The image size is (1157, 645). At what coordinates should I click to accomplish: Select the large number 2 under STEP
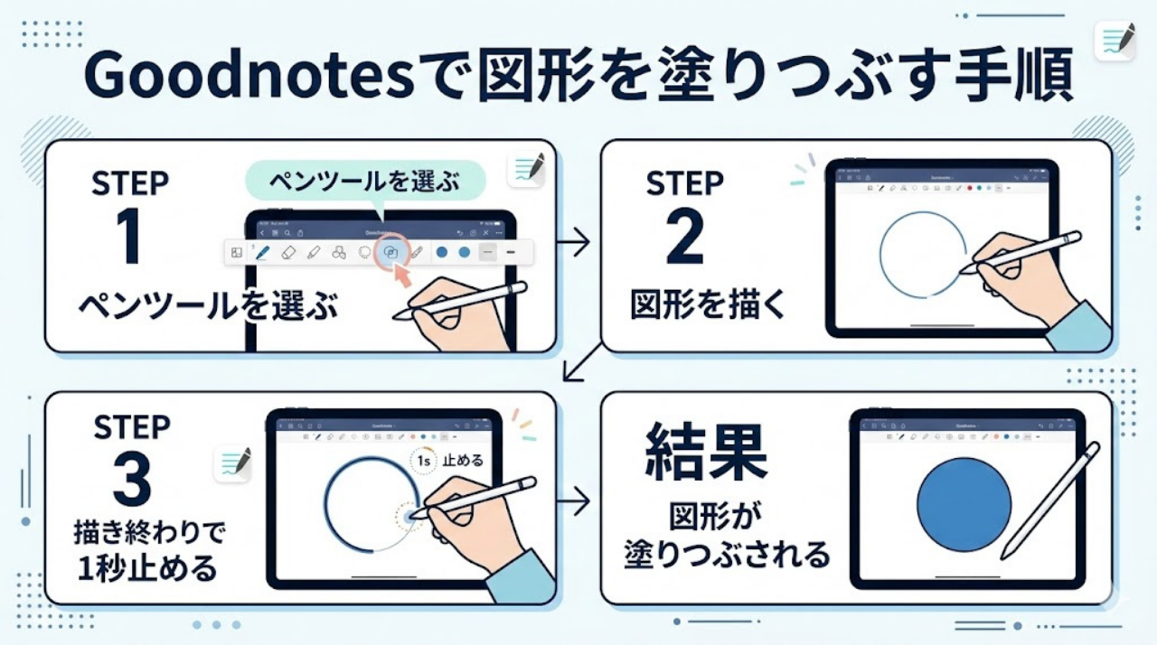pyautogui.click(x=683, y=237)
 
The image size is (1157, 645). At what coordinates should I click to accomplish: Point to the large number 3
pyautogui.click(x=132, y=480)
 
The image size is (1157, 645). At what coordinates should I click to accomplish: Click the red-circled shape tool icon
pyautogui.click(x=390, y=253)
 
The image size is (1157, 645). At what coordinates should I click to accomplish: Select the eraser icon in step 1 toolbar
pyautogui.click(x=288, y=253)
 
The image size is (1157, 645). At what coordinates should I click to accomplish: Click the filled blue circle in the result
pyautogui.click(x=964, y=504)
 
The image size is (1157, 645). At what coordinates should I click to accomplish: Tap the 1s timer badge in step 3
pyautogui.click(x=423, y=461)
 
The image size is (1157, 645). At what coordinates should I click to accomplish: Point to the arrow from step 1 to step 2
pyautogui.click(x=572, y=241)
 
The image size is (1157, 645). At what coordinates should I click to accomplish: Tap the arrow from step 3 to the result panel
pyautogui.click(x=572, y=500)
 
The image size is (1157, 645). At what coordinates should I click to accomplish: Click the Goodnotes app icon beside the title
pyautogui.click(x=1114, y=40)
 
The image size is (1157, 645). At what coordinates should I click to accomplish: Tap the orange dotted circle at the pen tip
pyautogui.click(x=411, y=515)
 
